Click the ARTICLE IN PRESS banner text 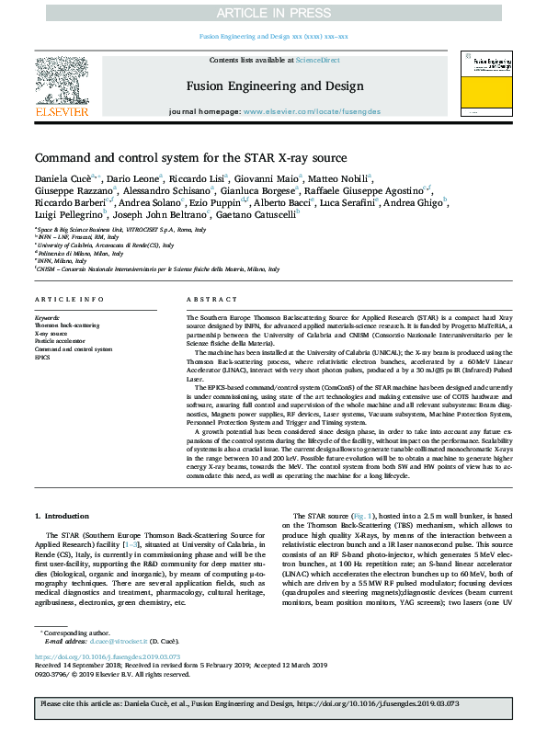(x=273, y=13)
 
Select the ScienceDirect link (x=317, y=60)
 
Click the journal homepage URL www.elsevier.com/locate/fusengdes (x=311, y=110)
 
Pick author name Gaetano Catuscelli (x=267, y=213)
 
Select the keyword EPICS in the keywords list (x=43, y=358)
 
